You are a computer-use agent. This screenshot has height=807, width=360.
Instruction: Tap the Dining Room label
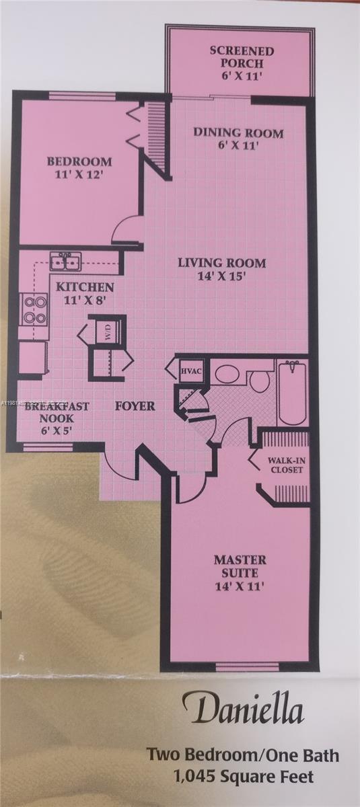238,138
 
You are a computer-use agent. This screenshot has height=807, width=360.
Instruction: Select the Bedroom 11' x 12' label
79,167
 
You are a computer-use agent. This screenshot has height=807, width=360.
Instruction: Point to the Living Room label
221,268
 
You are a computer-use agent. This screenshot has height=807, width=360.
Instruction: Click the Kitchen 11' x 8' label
85,293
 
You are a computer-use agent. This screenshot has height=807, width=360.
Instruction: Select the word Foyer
135,406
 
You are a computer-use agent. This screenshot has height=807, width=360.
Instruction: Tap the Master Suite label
240,572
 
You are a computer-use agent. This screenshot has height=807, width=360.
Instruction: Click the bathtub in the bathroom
293,393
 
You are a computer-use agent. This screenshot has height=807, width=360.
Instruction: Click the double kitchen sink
66,261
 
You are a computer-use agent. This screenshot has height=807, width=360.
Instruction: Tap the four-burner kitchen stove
34,310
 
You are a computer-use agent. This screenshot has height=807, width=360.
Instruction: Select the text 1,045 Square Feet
244,777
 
